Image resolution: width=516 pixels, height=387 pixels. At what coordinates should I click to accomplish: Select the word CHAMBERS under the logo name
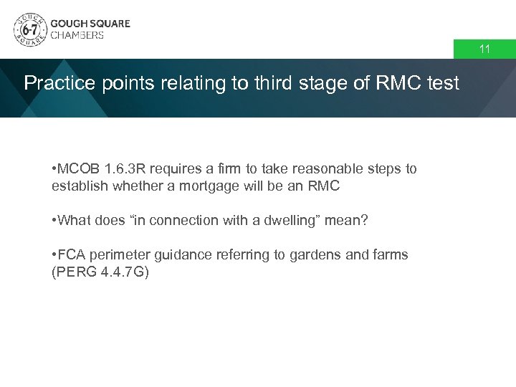pos(77,35)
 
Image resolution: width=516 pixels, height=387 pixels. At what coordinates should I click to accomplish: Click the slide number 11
pos(484,49)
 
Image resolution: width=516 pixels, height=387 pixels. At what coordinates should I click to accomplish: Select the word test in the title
pos(442,84)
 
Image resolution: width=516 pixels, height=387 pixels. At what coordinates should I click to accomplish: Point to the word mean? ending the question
pos(347,221)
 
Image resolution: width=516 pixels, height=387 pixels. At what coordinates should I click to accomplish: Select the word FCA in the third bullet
pos(72,255)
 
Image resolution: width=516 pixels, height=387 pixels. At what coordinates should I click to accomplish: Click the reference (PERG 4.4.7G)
pos(100,272)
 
